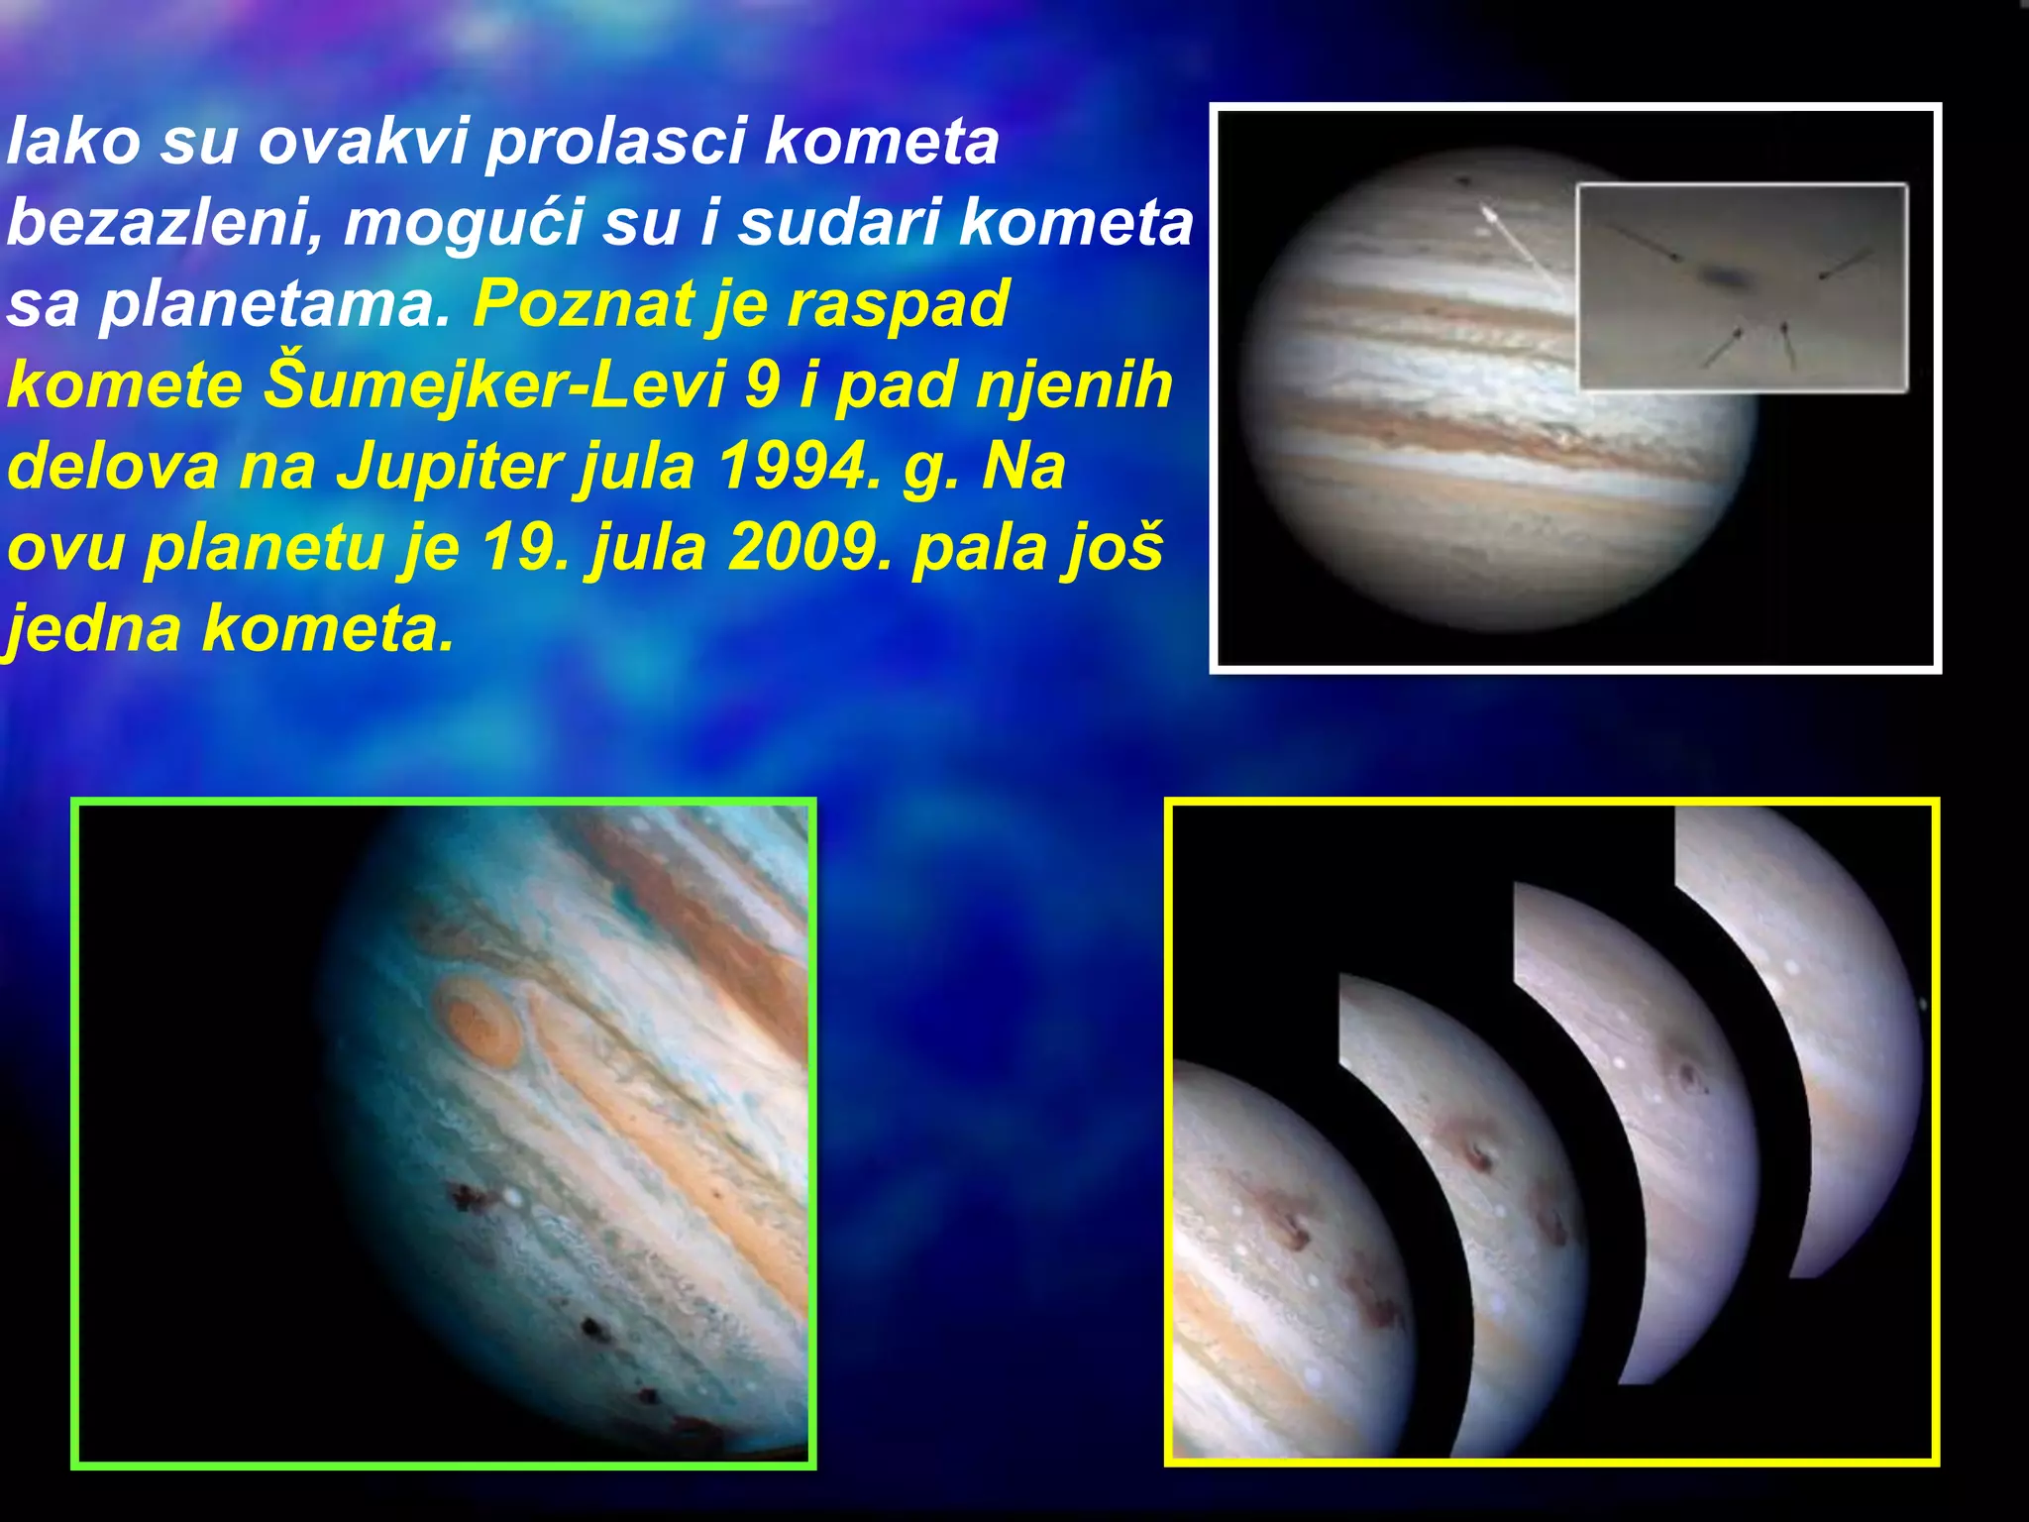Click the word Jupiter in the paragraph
click(450, 467)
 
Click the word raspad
click(908, 304)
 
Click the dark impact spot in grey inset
click(1729, 276)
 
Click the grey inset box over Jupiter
click(1742, 287)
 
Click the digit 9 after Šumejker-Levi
click(763, 385)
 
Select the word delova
click(112, 467)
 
